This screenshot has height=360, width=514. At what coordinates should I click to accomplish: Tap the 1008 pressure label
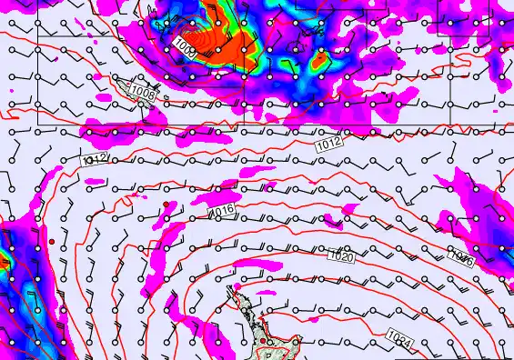coord(142,92)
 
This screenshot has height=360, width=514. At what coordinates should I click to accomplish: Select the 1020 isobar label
coord(343,256)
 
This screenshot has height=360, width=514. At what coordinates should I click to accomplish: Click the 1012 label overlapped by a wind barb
coord(96,159)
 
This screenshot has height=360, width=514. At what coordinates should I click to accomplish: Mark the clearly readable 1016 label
coord(221,213)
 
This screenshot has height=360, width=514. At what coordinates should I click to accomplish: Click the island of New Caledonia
coord(122,86)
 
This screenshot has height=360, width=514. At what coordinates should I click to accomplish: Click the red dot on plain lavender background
coord(53,241)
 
